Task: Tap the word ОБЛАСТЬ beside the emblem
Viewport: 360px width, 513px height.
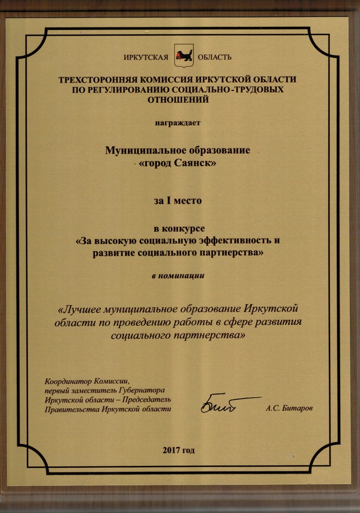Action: [214, 57]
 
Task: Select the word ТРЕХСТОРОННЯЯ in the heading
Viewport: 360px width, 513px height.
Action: [97, 80]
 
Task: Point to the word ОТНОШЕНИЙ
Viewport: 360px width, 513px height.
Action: [179, 99]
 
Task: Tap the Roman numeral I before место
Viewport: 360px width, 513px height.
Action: [171, 201]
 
